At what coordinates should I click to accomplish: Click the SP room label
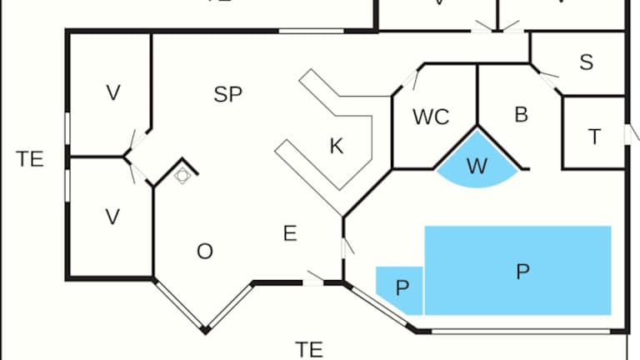[227, 94]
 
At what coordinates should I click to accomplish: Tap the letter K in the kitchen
[337, 147]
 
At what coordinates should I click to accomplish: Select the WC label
[431, 117]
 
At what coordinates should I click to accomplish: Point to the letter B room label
[521, 115]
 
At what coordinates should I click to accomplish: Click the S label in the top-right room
[586, 62]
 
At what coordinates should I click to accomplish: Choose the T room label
[594, 137]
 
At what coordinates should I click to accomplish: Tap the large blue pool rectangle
[522, 271]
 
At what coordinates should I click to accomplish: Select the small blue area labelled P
[401, 288]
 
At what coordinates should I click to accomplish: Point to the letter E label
[289, 233]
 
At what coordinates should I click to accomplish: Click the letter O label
[204, 252]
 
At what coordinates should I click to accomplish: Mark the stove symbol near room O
[182, 175]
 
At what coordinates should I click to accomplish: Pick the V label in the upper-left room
[112, 93]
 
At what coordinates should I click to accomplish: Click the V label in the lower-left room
[112, 217]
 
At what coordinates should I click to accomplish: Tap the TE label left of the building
[30, 159]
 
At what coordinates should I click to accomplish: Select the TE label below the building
[309, 349]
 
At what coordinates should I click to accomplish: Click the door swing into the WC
[410, 80]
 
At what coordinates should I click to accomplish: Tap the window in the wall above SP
[311, 32]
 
